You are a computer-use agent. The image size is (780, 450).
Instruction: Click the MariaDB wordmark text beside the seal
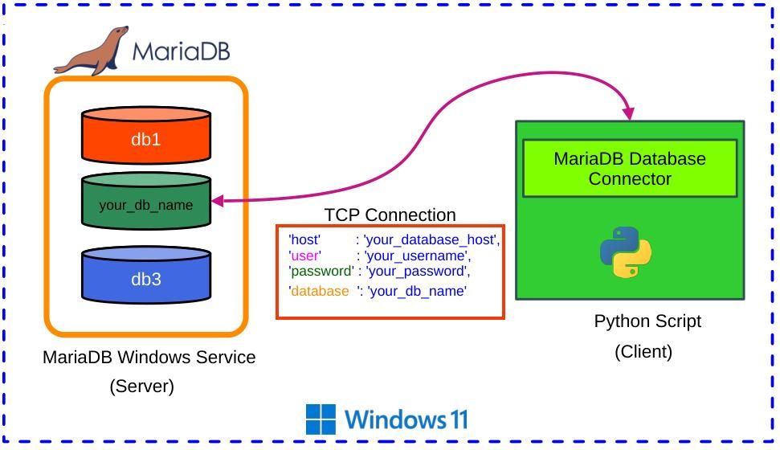click(x=181, y=51)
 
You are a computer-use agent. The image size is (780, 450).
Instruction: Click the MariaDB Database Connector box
click(x=630, y=169)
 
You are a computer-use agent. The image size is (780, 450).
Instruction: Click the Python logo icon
click(x=626, y=252)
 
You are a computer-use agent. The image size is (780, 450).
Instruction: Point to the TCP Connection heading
click(x=390, y=215)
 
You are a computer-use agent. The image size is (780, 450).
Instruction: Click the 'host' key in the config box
click(x=304, y=239)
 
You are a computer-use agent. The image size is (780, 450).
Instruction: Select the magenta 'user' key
click(x=304, y=256)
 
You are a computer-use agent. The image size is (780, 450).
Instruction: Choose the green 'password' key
click(x=321, y=272)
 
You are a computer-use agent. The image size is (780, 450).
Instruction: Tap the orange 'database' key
click(x=319, y=291)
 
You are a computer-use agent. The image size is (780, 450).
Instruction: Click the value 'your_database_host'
click(x=431, y=239)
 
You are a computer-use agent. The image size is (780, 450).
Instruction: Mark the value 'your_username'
click(x=417, y=256)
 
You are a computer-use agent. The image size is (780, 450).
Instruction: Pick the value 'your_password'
click(x=416, y=272)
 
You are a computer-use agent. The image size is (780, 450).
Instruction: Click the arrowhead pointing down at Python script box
click(x=628, y=113)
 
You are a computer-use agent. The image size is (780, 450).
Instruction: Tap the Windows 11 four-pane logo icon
click(x=321, y=419)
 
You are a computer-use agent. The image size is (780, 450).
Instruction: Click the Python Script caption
click(x=647, y=321)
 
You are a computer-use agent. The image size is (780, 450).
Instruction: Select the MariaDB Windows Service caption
click(x=149, y=357)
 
